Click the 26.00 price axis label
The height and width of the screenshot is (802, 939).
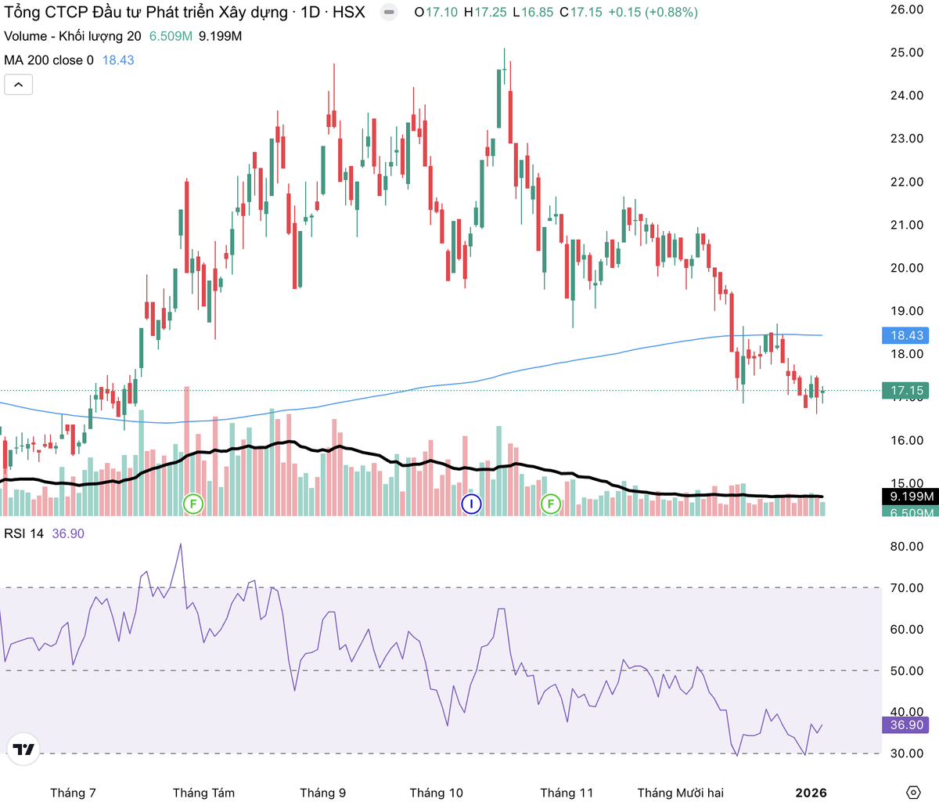click(x=907, y=9)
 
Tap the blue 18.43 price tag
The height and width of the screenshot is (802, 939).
click(x=906, y=335)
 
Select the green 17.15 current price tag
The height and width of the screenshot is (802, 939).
click(x=906, y=390)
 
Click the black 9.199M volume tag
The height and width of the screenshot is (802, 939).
click(x=912, y=497)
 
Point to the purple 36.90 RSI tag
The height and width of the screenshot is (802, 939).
click(x=906, y=724)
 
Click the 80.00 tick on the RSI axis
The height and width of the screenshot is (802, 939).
click(x=907, y=547)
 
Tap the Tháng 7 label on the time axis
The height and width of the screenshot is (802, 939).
click(x=73, y=793)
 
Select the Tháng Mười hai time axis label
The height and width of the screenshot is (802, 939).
click(x=680, y=793)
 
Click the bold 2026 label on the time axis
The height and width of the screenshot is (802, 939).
click(x=811, y=793)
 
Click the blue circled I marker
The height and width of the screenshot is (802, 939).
click(x=471, y=504)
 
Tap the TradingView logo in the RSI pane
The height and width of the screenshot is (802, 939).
click(x=24, y=750)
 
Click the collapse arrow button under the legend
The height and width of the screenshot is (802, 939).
click(x=19, y=85)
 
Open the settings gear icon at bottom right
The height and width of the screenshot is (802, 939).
click(x=912, y=792)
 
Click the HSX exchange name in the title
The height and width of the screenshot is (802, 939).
click(x=349, y=13)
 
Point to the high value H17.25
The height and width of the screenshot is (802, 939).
click(x=485, y=13)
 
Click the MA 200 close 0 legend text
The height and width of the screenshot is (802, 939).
click(x=49, y=60)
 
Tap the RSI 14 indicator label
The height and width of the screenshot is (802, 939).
click(x=24, y=533)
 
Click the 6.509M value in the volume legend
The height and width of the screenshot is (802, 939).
click(x=171, y=36)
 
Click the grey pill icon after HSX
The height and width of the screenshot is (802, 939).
click(x=389, y=13)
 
